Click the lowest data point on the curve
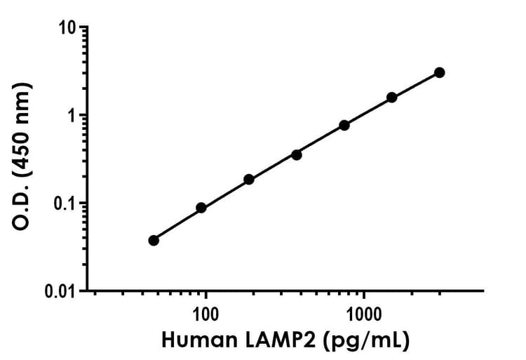click(154, 240)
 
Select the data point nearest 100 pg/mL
click(201, 208)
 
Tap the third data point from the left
click(249, 180)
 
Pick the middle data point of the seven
click(297, 154)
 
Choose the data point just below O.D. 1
click(344, 125)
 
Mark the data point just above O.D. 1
click(391, 97)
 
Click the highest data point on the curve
click(440, 72)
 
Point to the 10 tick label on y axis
click(69, 28)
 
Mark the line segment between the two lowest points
click(177, 224)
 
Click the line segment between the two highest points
click(416, 84)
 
